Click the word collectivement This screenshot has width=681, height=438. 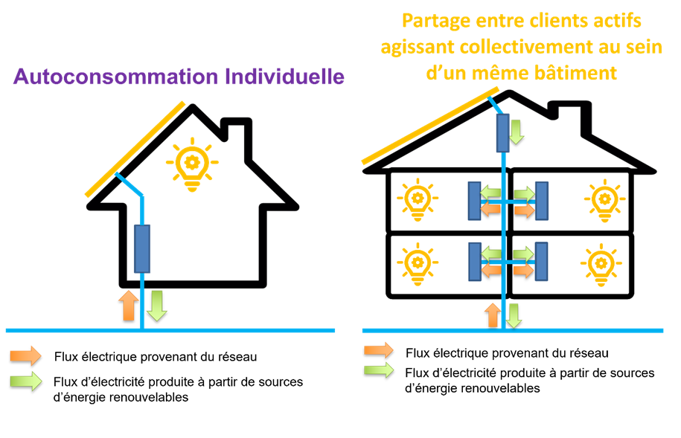(522, 47)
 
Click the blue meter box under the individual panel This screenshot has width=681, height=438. (141, 248)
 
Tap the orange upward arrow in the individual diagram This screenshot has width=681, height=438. (128, 306)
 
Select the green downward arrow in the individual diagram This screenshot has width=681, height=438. (156, 306)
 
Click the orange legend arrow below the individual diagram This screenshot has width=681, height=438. (25, 355)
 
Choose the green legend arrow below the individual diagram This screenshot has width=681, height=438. (25, 381)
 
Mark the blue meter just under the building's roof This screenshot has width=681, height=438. (503, 132)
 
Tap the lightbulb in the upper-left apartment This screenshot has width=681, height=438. (417, 201)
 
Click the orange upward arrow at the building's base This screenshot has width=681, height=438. (492, 315)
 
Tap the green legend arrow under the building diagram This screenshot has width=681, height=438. (379, 370)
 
